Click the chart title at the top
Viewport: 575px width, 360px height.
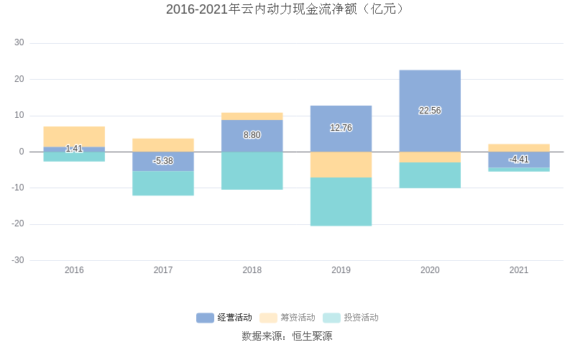click(x=287, y=9)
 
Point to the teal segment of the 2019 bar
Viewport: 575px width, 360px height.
click(x=341, y=202)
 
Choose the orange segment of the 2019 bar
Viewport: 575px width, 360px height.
click(x=341, y=165)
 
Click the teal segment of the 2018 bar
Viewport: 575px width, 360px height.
click(x=252, y=171)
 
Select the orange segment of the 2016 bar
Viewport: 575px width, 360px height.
click(x=74, y=135)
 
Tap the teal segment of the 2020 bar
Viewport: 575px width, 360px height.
click(x=430, y=175)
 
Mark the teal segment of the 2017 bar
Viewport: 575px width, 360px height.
click(x=163, y=183)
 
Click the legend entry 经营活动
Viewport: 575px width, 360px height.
click(x=224, y=318)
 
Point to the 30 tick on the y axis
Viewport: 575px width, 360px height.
click(x=19, y=43)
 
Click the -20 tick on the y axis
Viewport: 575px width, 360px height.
click(x=17, y=224)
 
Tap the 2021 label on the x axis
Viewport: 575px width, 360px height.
click(x=519, y=271)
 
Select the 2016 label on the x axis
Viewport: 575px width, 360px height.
click(x=74, y=271)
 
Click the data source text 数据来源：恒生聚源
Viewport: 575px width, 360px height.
click(x=287, y=336)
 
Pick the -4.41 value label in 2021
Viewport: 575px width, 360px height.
click(x=519, y=160)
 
